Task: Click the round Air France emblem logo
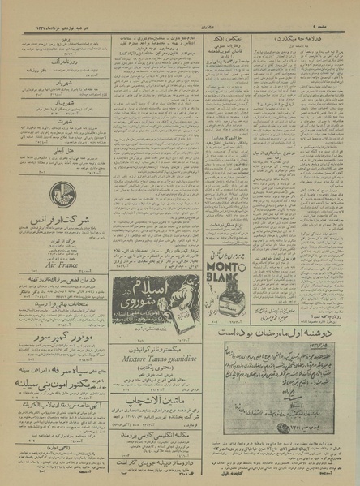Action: pos(59,194)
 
